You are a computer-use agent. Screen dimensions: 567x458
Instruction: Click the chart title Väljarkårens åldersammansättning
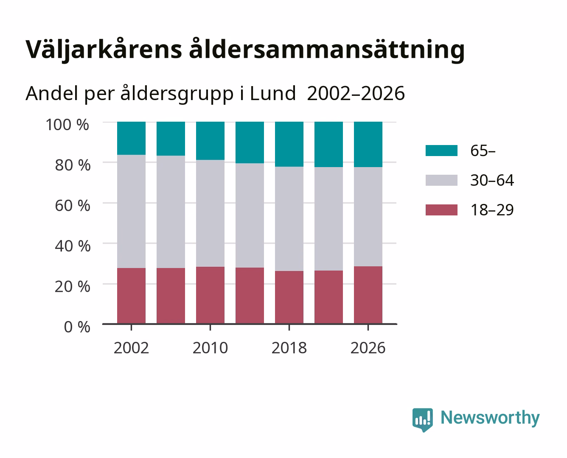point(245,50)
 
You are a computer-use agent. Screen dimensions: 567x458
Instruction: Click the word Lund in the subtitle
point(273,93)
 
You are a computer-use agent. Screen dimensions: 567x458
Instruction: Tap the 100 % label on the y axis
point(67,125)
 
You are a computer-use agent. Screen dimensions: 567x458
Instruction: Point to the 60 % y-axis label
point(73,206)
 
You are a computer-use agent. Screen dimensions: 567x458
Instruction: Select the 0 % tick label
point(77,327)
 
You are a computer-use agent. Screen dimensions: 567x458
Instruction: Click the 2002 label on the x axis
point(131,348)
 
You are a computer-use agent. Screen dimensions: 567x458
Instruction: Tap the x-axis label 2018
point(289,348)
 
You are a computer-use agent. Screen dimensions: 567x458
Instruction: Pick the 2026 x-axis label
point(368,348)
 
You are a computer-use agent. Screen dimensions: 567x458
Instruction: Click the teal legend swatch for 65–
point(441,151)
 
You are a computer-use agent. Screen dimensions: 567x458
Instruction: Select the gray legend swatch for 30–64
point(441,180)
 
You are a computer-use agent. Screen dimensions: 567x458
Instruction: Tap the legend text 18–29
point(492,210)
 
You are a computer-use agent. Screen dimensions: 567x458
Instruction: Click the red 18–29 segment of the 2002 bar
point(131,296)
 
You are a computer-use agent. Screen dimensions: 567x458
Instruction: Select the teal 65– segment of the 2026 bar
point(368,145)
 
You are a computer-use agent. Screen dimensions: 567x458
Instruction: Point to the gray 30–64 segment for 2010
point(211,213)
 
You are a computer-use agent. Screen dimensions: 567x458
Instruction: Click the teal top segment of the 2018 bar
point(289,144)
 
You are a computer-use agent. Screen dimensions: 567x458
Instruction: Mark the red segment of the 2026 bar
point(368,295)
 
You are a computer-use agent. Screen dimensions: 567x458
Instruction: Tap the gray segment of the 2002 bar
point(131,211)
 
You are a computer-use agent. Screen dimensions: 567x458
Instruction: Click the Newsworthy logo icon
point(422,420)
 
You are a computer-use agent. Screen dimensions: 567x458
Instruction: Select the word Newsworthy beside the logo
point(490,418)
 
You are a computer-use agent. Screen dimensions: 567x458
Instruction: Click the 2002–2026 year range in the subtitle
point(356,93)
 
